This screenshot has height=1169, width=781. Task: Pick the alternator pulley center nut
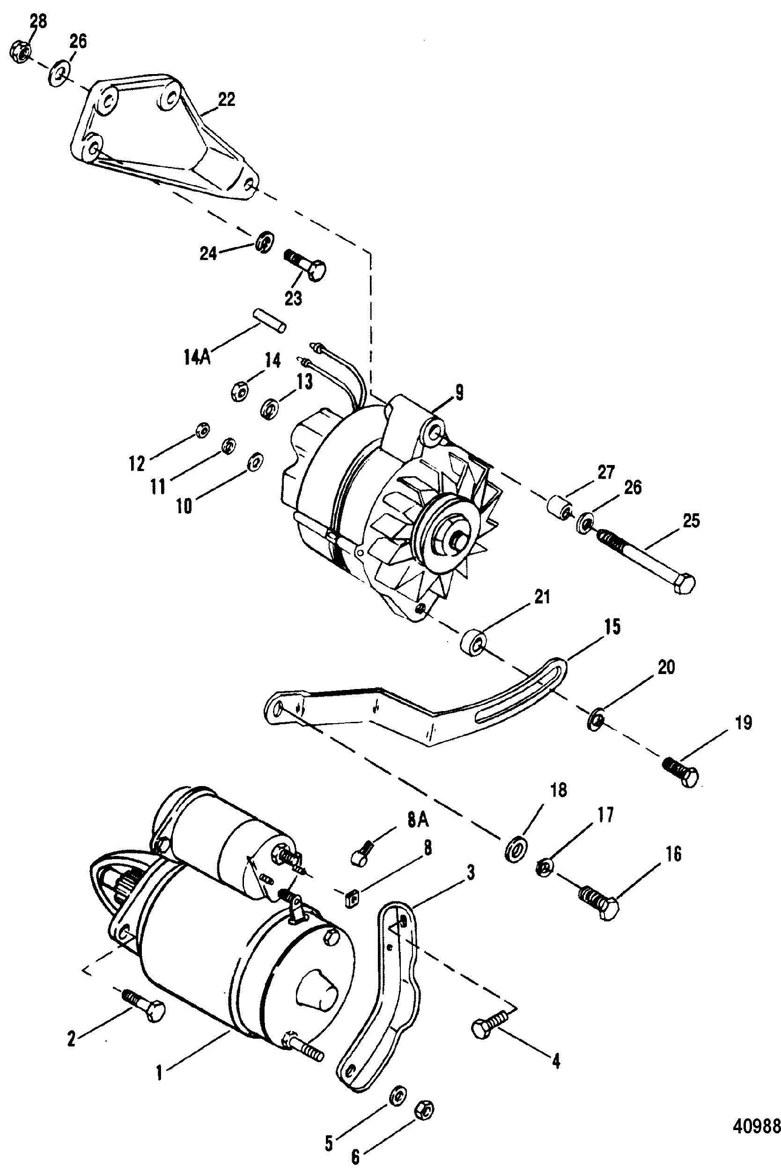point(448,533)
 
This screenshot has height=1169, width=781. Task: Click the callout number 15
point(612,627)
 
